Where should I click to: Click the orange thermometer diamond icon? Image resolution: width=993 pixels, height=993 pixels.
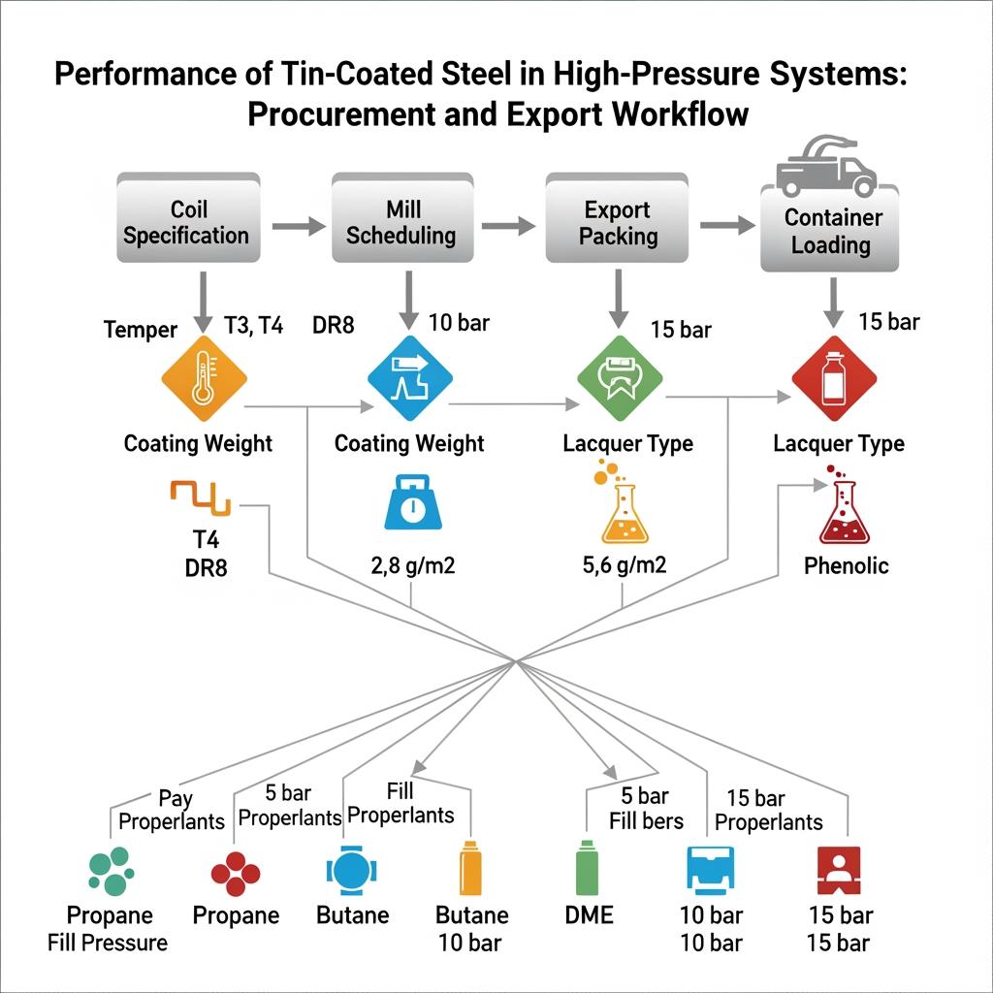click(x=202, y=379)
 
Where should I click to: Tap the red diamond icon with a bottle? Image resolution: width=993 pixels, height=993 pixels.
click(x=833, y=379)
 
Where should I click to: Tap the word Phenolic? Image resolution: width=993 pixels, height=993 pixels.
click(x=846, y=565)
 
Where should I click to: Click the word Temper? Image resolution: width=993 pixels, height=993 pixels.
click(x=140, y=330)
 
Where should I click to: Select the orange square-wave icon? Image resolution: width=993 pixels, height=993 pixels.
click(x=199, y=497)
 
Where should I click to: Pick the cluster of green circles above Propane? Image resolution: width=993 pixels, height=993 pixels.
click(x=110, y=870)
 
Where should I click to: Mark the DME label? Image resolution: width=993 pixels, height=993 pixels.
click(x=588, y=914)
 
